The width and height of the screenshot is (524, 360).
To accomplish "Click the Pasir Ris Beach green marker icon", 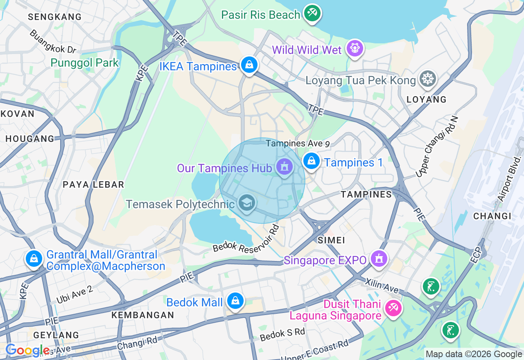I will [x=312, y=13].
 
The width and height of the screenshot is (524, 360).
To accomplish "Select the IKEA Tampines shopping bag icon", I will [x=248, y=65].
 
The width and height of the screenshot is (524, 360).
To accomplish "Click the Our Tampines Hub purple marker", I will [x=284, y=167].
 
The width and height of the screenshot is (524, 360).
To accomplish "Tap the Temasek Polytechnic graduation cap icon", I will [x=246, y=202].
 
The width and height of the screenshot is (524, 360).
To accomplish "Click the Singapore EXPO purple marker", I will [x=379, y=259].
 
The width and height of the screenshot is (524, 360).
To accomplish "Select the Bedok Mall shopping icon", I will [x=235, y=301].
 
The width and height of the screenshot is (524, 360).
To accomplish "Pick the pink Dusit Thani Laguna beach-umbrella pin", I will [x=393, y=307].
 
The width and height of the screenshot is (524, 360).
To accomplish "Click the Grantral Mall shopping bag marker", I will [x=34, y=259].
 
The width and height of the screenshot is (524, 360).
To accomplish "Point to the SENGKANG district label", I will [x=55, y=17].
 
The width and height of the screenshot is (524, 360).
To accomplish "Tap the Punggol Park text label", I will [x=85, y=63].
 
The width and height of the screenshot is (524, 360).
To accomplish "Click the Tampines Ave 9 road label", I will [x=298, y=144].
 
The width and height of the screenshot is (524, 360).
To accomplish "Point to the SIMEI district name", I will [x=332, y=240].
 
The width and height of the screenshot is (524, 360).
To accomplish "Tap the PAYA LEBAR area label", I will [x=93, y=184].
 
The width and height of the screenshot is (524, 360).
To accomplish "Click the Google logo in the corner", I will [x=27, y=350].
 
